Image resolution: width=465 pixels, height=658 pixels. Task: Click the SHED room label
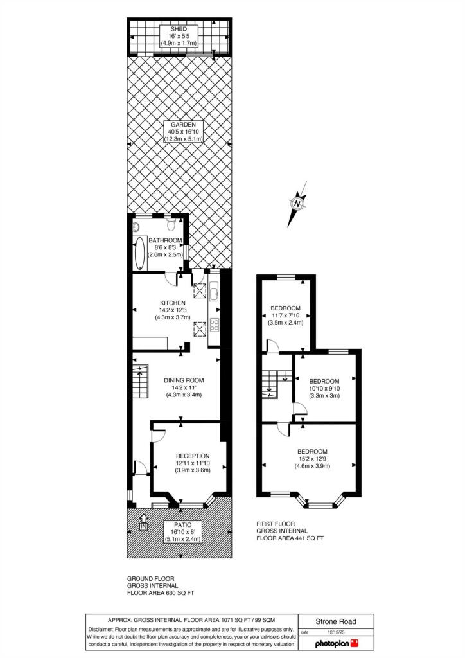point(179,29)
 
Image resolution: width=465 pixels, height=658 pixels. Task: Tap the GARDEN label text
point(183,125)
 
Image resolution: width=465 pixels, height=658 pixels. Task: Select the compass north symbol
point(297,204)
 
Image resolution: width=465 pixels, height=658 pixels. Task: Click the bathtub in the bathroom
point(139,253)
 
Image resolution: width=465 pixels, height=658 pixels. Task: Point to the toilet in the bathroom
point(171,224)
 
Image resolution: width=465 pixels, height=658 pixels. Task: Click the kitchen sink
point(214,291)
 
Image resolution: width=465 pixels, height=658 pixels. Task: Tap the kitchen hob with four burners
point(215,325)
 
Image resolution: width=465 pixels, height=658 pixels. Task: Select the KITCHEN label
point(173,303)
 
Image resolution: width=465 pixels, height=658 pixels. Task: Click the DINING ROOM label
point(184,380)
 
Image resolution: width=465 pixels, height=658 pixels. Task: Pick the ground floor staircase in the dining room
point(141,382)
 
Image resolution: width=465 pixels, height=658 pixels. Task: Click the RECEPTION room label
point(193,456)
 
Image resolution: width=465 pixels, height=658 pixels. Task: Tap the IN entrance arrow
point(144,522)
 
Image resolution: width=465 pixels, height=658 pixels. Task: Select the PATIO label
point(183,525)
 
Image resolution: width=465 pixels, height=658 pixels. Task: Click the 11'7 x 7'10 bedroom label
point(286,308)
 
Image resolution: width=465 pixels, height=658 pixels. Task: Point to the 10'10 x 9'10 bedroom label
point(324,381)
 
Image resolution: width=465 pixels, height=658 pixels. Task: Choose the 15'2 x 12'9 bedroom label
point(312,452)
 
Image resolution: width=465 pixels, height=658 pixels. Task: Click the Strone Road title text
point(336,621)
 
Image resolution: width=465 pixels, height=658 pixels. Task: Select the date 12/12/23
point(336,632)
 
